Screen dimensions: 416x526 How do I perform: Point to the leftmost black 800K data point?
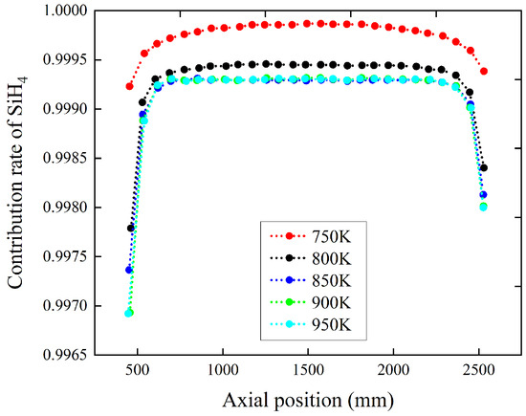130,228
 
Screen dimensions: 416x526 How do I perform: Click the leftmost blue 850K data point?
129,270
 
